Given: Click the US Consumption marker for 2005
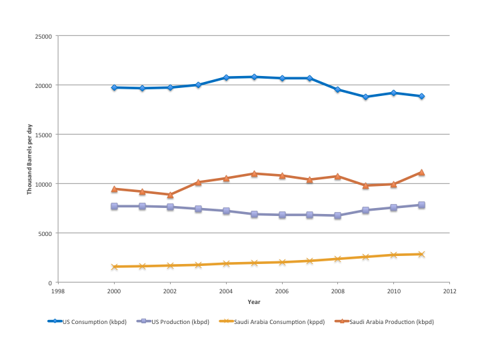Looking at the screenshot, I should coord(254,77).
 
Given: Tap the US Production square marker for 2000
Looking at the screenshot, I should coord(114,207).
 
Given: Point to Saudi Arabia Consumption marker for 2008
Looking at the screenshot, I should coord(338,259).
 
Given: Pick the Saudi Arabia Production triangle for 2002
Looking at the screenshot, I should coord(170,195).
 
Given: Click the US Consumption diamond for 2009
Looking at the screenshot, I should coord(366,97).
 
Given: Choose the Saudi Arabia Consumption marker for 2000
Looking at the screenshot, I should coord(114,267).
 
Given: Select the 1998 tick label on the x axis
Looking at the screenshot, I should coord(58,291).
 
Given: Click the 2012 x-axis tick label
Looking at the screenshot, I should coord(450,291).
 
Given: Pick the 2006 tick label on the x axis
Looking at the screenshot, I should coord(282,291).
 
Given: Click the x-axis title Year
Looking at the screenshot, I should coord(254,301).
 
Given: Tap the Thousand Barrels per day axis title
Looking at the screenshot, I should coord(29,159).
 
